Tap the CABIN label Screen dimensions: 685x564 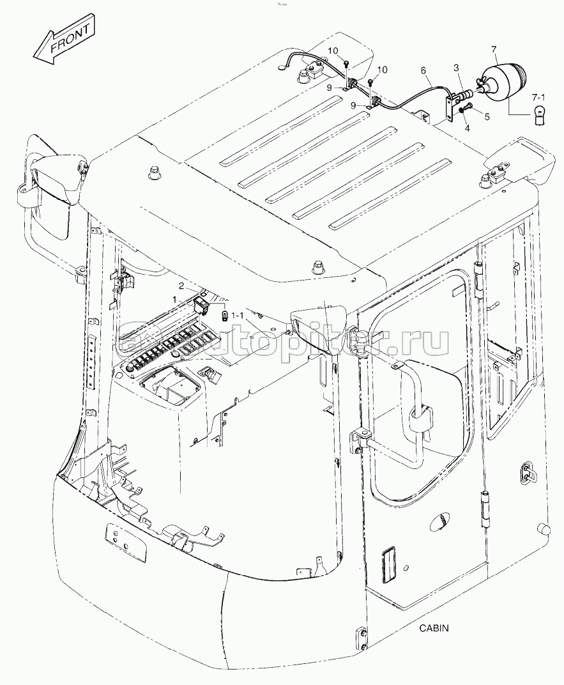pyautogui.click(x=434, y=627)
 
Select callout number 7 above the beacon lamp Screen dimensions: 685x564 pyautogui.click(x=492, y=49)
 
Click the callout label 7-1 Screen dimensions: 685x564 pyautogui.click(x=538, y=96)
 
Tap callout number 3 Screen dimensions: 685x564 pyautogui.click(x=455, y=67)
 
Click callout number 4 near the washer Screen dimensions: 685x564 pyautogui.click(x=466, y=127)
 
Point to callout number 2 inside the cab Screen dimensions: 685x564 pyautogui.click(x=181, y=286)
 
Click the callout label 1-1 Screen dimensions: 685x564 pyautogui.click(x=238, y=315)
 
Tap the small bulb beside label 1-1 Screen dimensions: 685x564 pyautogui.click(x=224, y=315)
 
